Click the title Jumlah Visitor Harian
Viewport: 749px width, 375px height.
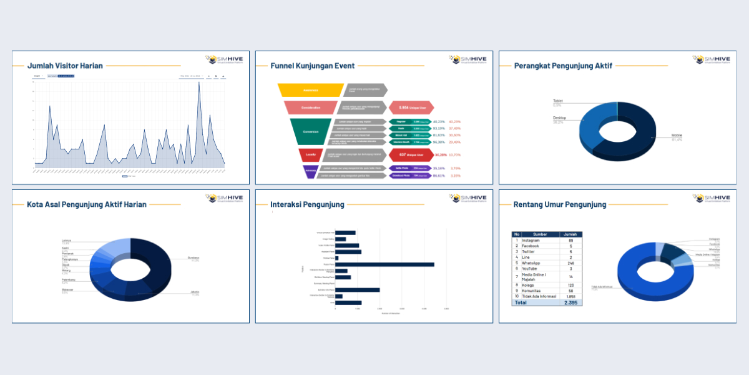[65, 65]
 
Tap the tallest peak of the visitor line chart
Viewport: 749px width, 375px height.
[199, 83]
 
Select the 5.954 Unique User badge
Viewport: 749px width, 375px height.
[411, 107]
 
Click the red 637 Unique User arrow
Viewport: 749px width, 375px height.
[411, 154]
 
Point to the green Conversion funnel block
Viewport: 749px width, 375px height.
[310, 132]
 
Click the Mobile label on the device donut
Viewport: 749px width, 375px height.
[677, 135]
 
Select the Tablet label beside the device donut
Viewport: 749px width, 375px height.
[557, 100]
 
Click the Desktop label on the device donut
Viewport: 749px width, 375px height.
[559, 117]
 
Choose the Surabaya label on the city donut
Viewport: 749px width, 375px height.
[193, 257]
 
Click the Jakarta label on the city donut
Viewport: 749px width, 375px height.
[195, 292]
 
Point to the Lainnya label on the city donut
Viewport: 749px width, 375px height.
[66, 240]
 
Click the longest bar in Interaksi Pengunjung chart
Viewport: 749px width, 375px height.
[384, 264]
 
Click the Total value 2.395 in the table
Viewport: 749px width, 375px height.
[570, 302]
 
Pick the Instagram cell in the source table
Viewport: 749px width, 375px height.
[532, 241]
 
